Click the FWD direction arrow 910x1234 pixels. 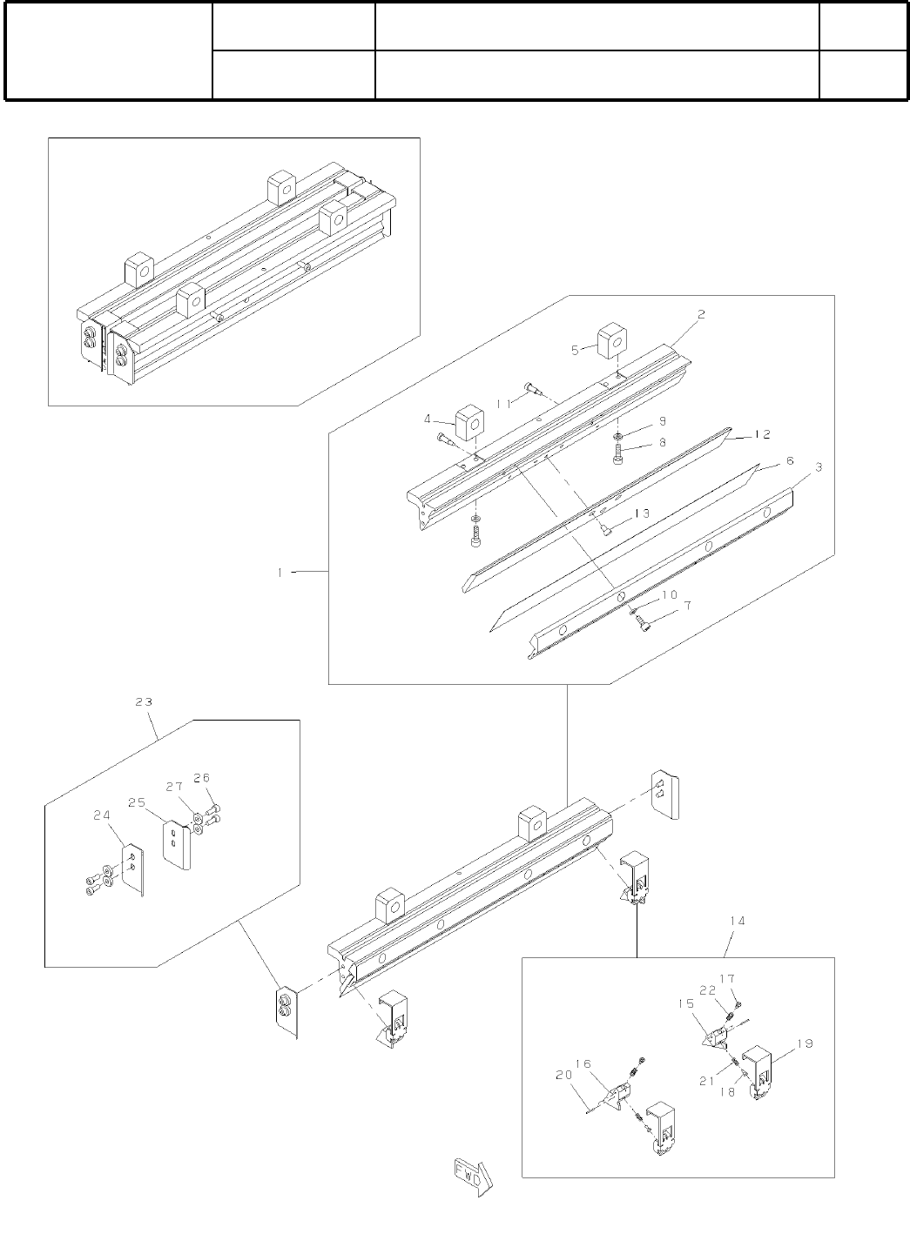[x=471, y=1174]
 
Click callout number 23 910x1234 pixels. [x=145, y=701]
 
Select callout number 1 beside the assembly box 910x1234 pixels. [x=280, y=572]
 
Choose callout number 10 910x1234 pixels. [x=670, y=594]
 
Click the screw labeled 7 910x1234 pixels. [x=643, y=623]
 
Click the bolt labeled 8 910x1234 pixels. [x=621, y=453]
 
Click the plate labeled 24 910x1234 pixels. [x=133, y=866]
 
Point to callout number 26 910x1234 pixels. [x=202, y=777]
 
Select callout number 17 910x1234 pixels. [x=728, y=979]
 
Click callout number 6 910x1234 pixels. [x=791, y=459]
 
